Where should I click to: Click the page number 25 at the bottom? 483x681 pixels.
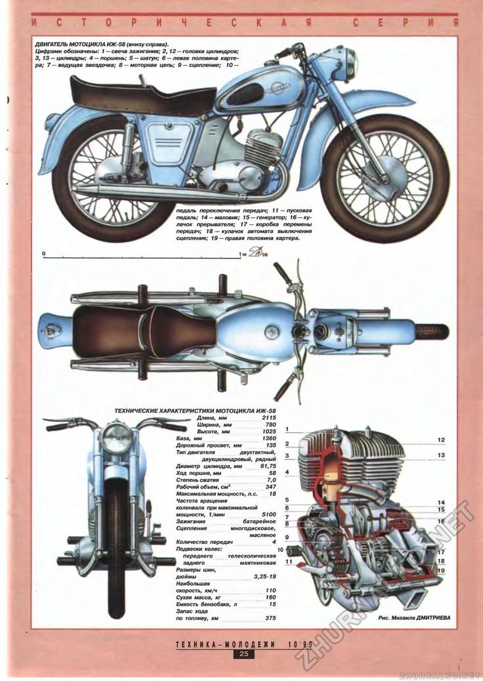click(x=243, y=653)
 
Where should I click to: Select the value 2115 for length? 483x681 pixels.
click(x=268, y=417)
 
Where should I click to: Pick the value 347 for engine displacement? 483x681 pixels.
click(x=270, y=487)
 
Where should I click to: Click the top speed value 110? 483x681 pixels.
click(x=270, y=590)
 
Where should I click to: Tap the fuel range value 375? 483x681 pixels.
click(x=270, y=618)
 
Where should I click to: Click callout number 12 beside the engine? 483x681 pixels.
click(x=442, y=439)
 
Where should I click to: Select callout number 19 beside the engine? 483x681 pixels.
click(x=442, y=571)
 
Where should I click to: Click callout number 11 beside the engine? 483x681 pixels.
click(x=289, y=562)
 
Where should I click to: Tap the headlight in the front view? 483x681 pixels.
click(x=117, y=436)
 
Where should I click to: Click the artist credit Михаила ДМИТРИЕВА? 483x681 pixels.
click(x=415, y=617)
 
